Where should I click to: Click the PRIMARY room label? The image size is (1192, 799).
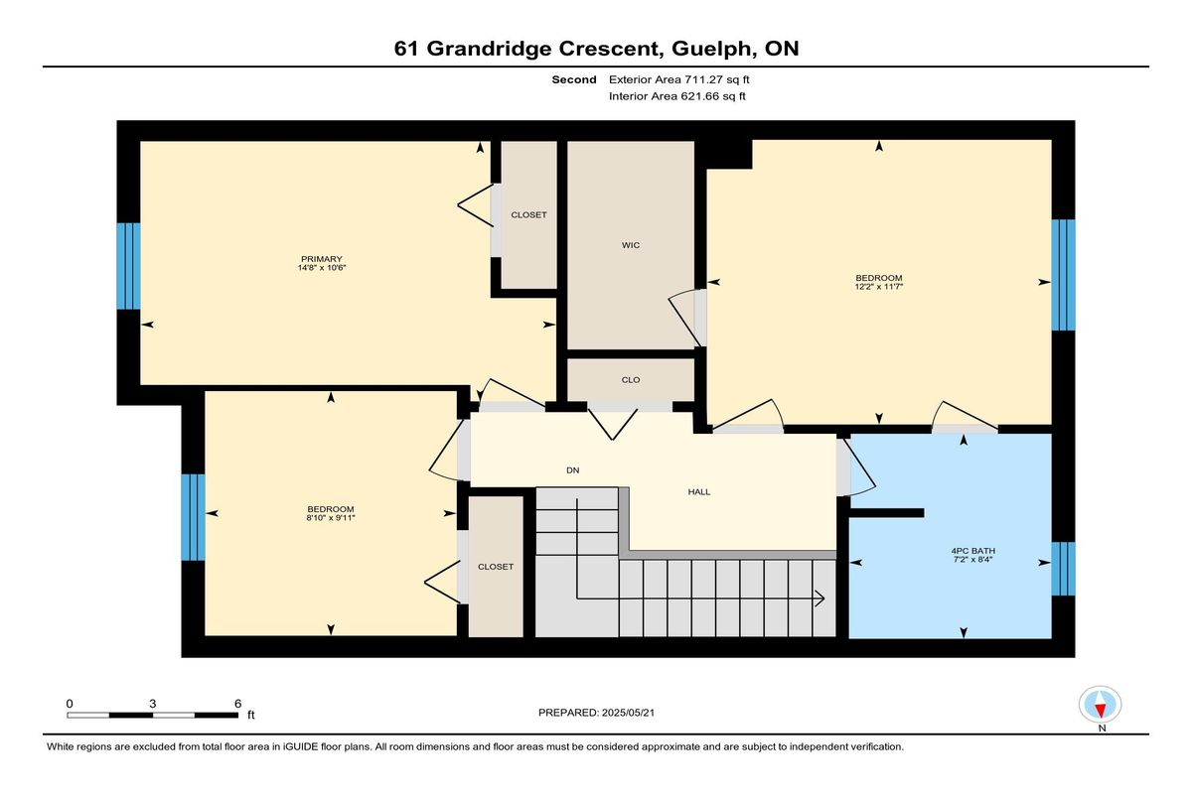(x=321, y=259)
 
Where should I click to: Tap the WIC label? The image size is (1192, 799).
(x=631, y=245)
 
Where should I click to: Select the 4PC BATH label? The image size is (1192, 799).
(x=973, y=551)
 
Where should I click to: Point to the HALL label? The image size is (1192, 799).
(x=699, y=491)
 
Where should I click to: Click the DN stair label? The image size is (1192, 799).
(x=572, y=469)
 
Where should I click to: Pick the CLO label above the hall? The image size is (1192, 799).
(x=631, y=379)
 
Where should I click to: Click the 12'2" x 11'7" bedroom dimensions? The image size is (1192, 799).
(x=879, y=287)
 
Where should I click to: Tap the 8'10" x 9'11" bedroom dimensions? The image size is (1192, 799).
(x=331, y=518)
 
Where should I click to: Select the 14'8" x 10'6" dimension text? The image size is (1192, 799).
(x=322, y=267)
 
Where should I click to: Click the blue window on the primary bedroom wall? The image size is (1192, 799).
(x=129, y=266)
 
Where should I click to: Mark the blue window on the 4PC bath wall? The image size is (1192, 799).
(x=1063, y=569)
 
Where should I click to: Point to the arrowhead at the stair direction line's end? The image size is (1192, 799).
(x=820, y=599)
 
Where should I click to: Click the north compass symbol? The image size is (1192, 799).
(x=1100, y=705)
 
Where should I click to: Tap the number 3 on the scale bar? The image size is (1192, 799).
(x=153, y=704)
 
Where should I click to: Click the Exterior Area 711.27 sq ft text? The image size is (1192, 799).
(x=679, y=79)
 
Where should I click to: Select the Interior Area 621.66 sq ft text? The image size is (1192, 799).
(x=676, y=96)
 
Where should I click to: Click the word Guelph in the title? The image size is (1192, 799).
(x=711, y=49)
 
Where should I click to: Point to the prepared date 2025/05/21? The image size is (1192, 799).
(x=628, y=713)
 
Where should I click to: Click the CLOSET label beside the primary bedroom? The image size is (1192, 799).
(x=528, y=214)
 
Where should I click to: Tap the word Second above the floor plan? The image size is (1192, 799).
(x=574, y=79)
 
